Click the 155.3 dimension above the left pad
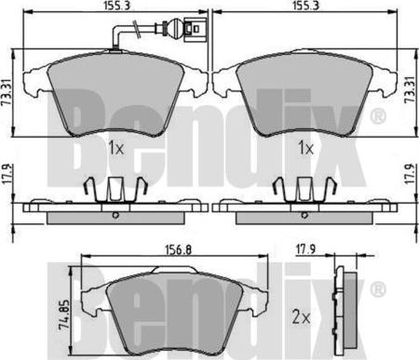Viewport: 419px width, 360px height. point(116,5)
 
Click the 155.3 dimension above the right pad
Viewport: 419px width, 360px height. point(305,5)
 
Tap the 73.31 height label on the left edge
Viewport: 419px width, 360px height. point(7,92)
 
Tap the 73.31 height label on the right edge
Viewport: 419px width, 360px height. point(412,89)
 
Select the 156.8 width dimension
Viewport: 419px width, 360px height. point(179,249)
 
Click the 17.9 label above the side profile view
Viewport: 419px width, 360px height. point(305,249)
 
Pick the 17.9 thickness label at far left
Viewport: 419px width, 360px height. point(6,175)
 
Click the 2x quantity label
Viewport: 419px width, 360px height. point(301,318)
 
